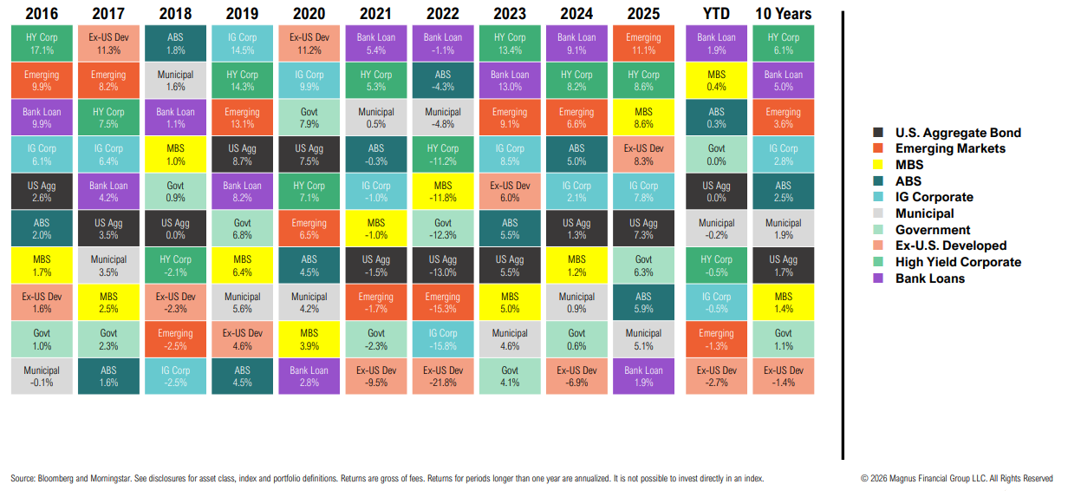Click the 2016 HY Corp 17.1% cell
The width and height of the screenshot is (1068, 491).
pyautogui.click(x=42, y=43)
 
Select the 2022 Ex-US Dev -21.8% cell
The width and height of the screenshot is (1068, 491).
pyautogui.click(x=443, y=376)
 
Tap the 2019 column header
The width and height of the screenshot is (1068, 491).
pyautogui.click(x=242, y=13)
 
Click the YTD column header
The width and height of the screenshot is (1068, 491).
pyautogui.click(x=716, y=13)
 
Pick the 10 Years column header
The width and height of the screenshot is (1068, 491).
pyautogui.click(x=784, y=13)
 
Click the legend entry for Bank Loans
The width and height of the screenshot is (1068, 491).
pyautogui.click(x=929, y=278)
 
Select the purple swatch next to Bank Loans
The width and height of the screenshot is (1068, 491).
pyautogui.click(x=878, y=278)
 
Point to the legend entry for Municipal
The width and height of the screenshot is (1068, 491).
pyautogui.click(x=924, y=213)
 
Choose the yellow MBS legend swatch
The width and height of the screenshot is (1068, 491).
pyautogui.click(x=878, y=165)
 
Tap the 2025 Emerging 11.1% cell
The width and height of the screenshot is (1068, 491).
pyautogui.click(x=643, y=43)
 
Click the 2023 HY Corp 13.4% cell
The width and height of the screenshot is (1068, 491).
pyautogui.click(x=510, y=43)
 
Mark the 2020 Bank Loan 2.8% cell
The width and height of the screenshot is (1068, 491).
pyautogui.click(x=309, y=376)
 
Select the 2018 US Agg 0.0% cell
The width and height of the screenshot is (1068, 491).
pyautogui.click(x=176, y=229)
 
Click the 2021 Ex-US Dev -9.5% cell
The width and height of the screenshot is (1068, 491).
pyautogui.click(x=376, y=376)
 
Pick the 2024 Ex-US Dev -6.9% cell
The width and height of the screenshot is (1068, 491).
pyautogui.click(x=576, y=376)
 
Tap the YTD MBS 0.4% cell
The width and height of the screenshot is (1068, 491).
pyautogui.click(x=716, y=81)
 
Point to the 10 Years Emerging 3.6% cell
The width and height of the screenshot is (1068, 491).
pyautogui.click(x=784, y=118)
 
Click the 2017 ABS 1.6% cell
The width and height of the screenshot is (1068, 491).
pyautogui.click(x=108, y=376)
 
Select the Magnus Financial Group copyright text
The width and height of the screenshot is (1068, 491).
pyautogui.click(x=956, y=478)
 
